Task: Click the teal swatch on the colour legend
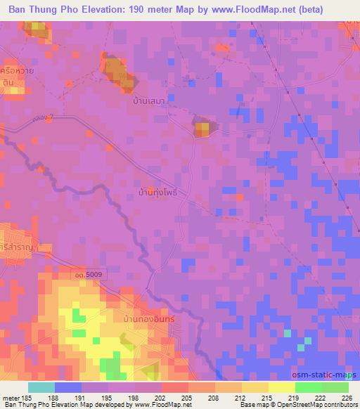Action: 41,387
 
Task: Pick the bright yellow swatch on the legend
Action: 281,387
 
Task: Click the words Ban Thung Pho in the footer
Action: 26,405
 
